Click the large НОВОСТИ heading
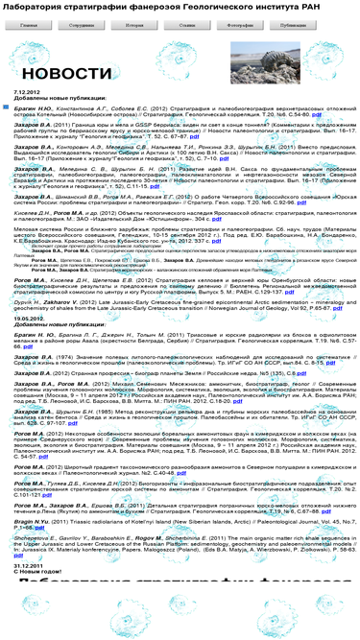pyautogui.click(x=67, y=73)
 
